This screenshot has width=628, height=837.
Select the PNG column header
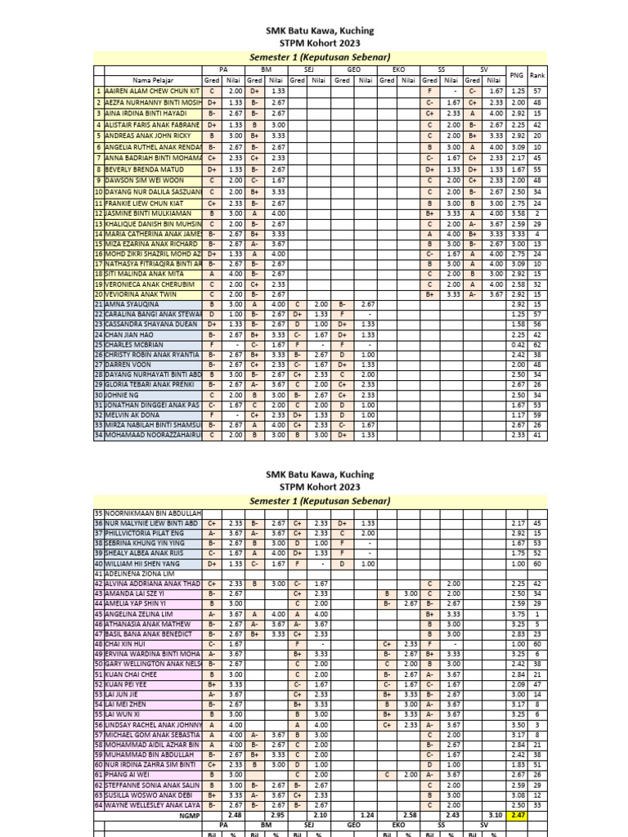(x=516, y=75)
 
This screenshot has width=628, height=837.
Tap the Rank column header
(x=537, y=75)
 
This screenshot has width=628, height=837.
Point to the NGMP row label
(x=189, y=816)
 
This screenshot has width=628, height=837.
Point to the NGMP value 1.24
(x=367, y=816)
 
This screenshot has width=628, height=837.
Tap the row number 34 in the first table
(x=99, y=436)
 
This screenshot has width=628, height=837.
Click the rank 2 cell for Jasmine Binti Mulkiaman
(x=537, y=213)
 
